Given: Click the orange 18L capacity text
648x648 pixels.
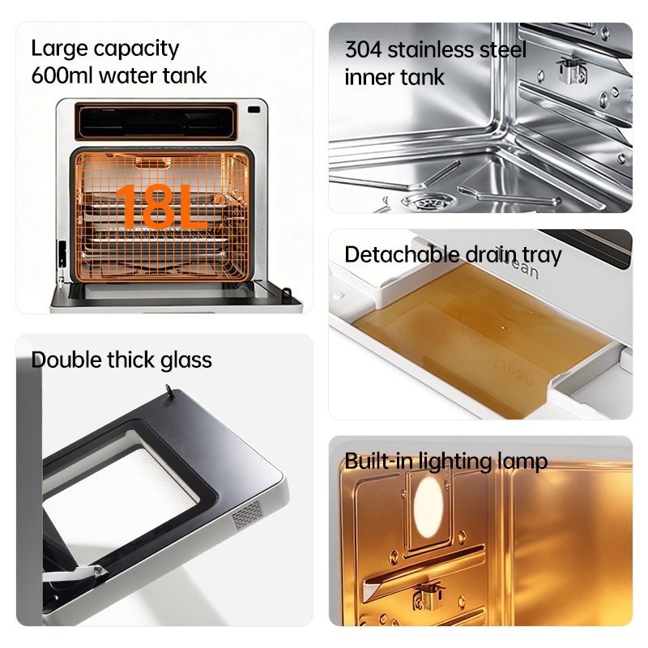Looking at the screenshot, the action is pyautogui.click(x=160, y=207).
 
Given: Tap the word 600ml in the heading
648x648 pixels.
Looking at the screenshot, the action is pyautogui.click(x=62, y=75).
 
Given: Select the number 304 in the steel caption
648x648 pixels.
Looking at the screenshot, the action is pyautogui.click(x=363, y=49).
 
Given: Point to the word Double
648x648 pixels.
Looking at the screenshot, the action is pyautogui.click(x=66, y=360).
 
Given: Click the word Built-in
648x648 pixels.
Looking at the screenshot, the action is pyautogui.click(x=378, y=461).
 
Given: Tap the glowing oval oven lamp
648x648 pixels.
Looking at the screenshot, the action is pyautogui.click(x=428, y=507).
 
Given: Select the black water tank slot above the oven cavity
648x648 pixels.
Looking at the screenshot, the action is pyautogui.click(x=156, y=122).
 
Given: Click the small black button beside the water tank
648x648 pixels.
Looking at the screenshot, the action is pyautogui.click(x=254, y=109).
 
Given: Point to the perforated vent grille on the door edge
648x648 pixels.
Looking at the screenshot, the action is pyautogui.click(x=247, y=515).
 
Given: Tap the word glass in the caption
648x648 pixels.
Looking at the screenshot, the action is pyautogui.click(x=186, y=360).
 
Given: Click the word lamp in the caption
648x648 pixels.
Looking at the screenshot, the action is pyautogui.click(x=522, y=462).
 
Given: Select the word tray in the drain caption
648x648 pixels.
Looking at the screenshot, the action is pyautogui.click(x=542, y=255).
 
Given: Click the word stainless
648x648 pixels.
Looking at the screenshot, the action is pyautogui.click(x=431, y=49).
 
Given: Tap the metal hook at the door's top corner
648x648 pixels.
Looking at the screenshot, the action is pyautogui.click(x=168, y=390).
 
